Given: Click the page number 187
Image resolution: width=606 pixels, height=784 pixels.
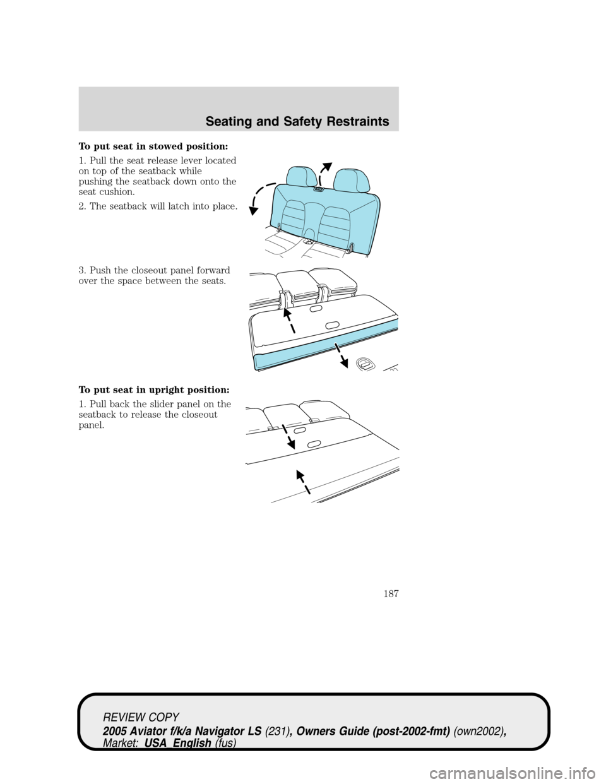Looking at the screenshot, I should [x=391, y=593].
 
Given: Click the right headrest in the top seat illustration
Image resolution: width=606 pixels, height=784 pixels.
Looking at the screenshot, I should [x=352, y=181].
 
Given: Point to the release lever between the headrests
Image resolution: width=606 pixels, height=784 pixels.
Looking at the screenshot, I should [x=318, y=188].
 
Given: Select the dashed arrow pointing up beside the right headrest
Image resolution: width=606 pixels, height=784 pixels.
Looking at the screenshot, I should [x=324, y=174].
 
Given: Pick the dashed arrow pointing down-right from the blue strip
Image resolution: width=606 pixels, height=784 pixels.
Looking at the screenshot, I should [x=341, y=355].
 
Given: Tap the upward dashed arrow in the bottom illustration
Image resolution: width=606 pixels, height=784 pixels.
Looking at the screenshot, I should [x=304, y=482].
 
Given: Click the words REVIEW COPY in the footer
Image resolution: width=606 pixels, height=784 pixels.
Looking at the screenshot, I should [x=141, y=717].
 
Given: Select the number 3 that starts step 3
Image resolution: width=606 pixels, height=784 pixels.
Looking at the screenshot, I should [x=81, y=270].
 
